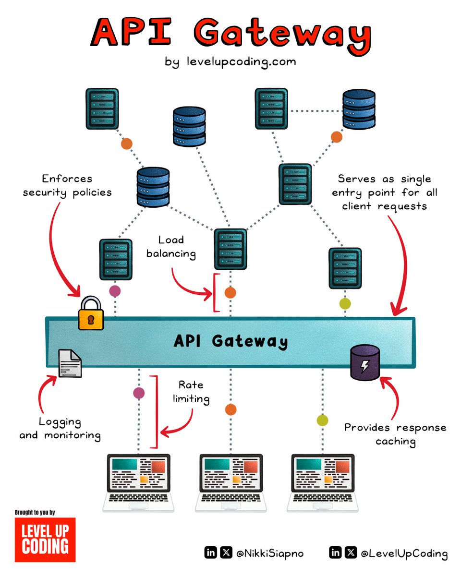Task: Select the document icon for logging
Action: tap(70, 364)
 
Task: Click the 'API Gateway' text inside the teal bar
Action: tap(230, 341)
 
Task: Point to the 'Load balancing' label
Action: tap(172, 247)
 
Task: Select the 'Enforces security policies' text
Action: tap(67, 185)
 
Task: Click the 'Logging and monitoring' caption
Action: tap(60, 429)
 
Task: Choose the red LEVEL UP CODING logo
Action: tap(45, 539)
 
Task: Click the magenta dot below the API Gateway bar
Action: tap(139, 393)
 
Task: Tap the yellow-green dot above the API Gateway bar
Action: tap(345, 303)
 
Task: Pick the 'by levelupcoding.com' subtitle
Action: tap(230, 62)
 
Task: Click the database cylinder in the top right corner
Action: tap(358, 110)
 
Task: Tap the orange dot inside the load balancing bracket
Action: tap(230, 292)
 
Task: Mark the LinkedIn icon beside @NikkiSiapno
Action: tap(210, 552)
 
